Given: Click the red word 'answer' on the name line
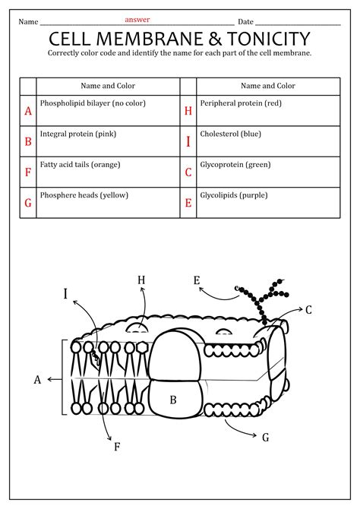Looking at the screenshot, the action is pos(137,20).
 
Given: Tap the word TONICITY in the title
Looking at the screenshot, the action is pos(268,39).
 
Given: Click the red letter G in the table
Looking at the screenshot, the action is pos(28,203).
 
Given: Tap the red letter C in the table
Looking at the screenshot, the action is pos(188,172).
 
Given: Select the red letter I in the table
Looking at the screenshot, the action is pos(188,141).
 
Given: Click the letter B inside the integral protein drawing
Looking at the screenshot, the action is pos(173,400).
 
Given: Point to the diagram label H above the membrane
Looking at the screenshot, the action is pos(141,280).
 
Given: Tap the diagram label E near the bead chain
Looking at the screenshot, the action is pos(197,280).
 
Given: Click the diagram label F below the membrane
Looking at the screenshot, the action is pos(117,447).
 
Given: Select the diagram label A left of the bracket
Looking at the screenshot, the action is pos(37,380).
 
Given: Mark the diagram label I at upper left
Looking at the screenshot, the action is pos(65,293).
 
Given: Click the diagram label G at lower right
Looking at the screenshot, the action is pos(266,438).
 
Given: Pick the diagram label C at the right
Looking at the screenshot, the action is pos(308,310).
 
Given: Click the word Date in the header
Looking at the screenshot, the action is pos(245,22).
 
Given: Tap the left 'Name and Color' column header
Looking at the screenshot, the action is pos(108,86).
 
